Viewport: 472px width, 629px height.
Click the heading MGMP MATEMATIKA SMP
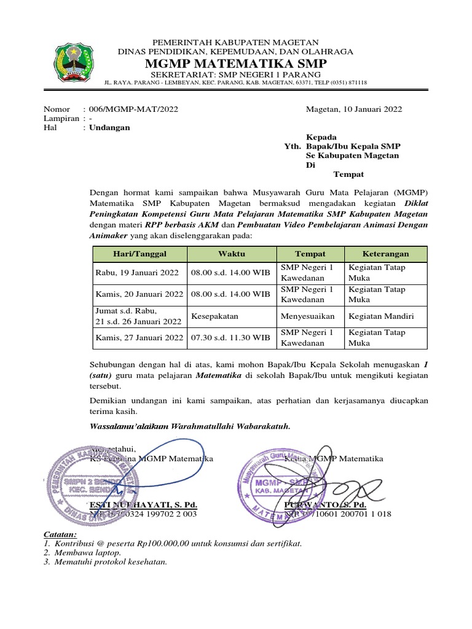235,65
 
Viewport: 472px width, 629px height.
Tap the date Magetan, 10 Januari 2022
354,109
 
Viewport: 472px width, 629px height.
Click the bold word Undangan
109,128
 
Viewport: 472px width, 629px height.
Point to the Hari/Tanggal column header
140,254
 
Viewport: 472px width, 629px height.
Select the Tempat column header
310,254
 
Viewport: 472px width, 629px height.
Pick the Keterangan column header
385,254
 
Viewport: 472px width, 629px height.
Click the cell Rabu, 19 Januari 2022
137,272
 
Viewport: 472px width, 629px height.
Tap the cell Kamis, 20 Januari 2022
139,294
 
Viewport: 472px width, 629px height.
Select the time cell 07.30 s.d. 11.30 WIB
230,338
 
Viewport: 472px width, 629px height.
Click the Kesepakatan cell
214,316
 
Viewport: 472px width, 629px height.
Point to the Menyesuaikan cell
308,316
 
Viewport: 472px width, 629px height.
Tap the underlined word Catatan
60,534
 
